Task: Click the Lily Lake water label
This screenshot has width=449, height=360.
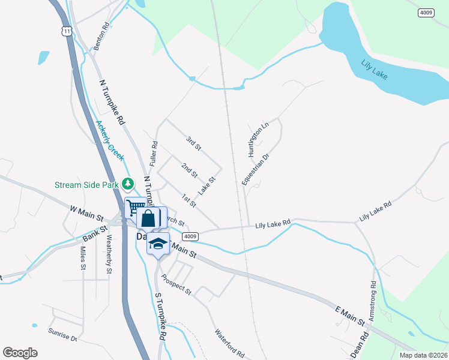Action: click(x=375, y=70)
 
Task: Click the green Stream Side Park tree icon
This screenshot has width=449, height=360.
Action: click(x=127, y=184)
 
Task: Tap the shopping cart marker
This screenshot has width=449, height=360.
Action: click(x=134, y=208)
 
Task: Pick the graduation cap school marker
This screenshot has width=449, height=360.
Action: click(x=158, y=244)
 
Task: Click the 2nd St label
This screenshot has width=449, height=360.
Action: click(x=190, y=170)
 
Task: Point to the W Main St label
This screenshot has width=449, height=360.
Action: click(x=87, y=212)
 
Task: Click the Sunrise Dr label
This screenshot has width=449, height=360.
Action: click(x=63, y=337)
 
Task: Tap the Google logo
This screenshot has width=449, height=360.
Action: click(x=20, y=352)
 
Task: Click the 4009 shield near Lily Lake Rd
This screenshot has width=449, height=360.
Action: click(x=190, y=236)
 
